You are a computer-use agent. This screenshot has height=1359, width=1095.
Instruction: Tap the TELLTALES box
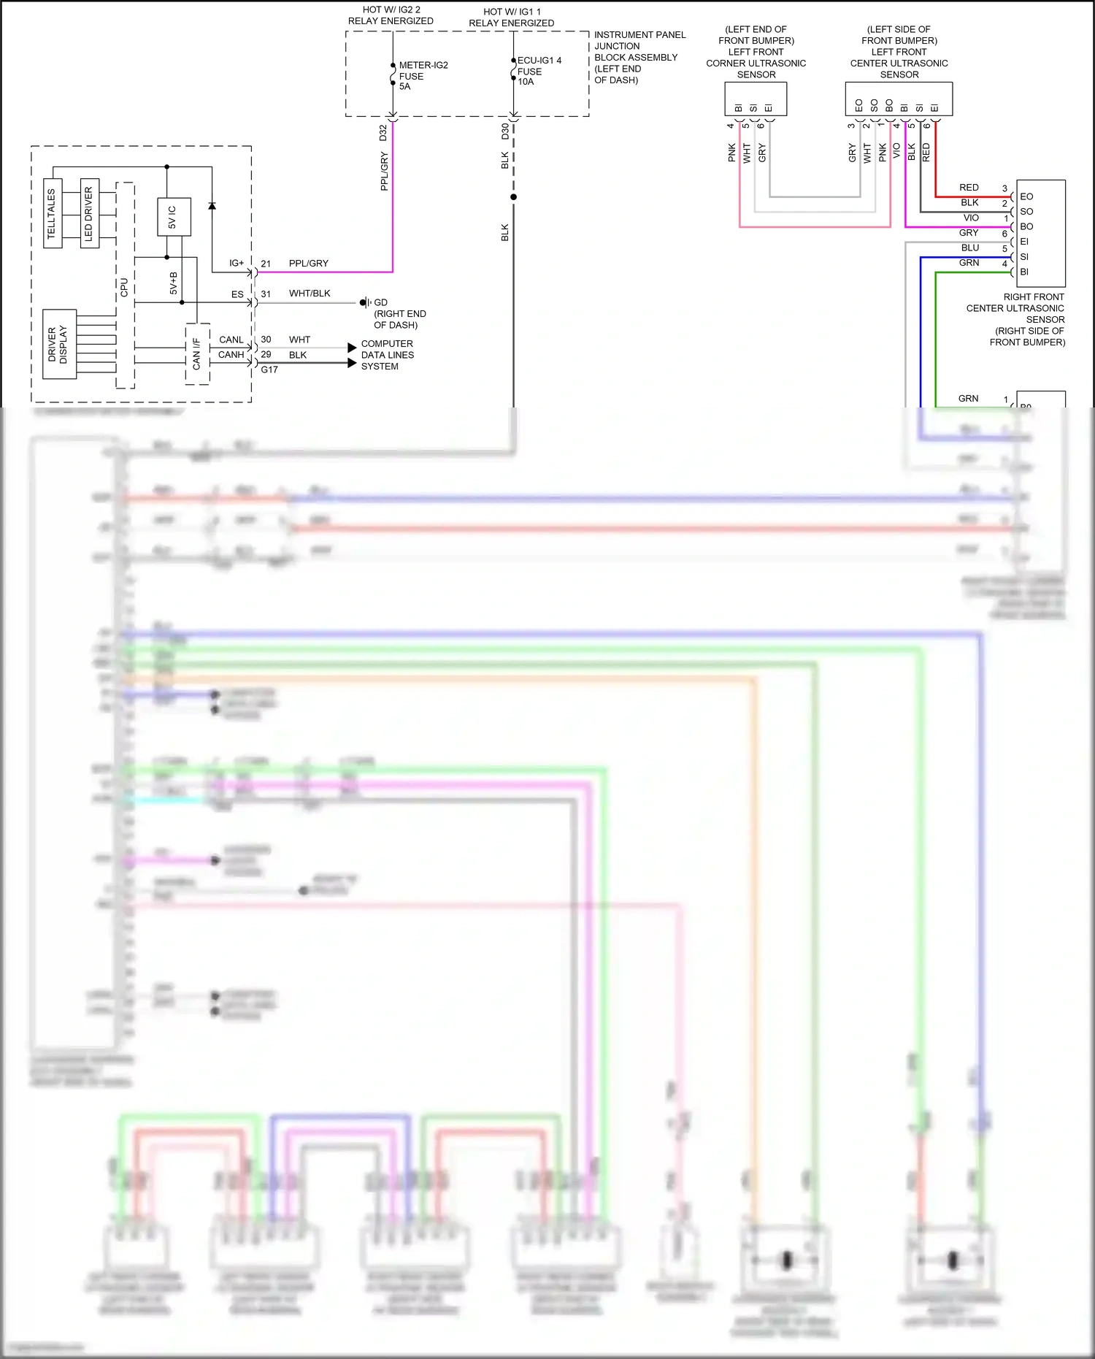pos(53,213)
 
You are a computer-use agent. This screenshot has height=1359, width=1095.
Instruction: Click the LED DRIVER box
pos(89,213)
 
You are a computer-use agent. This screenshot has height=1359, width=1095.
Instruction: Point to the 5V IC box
pos(174,217)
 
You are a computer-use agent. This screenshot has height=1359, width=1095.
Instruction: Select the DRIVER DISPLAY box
pos(59,344)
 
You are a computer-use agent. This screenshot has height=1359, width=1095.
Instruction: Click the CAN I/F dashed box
pos(197,353)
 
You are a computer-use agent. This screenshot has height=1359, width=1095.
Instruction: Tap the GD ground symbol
pos(364,302)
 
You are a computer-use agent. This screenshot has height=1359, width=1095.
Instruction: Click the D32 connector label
pos(383,133)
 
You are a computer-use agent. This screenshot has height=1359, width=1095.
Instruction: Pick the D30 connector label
pos(505,131)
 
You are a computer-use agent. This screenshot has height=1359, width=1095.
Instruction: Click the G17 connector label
pos(269,370)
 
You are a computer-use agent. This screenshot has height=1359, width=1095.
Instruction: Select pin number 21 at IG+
pos(266,264)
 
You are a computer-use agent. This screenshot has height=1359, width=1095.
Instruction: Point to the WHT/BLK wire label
pos(310,294)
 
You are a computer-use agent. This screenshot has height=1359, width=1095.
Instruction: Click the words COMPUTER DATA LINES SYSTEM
pos(387,355)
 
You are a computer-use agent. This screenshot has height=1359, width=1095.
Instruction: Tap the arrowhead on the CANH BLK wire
pos(352,363)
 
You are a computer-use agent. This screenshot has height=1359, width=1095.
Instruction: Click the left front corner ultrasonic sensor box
pos(756,99)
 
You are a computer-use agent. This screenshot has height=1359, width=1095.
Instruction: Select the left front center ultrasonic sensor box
pos(899,99)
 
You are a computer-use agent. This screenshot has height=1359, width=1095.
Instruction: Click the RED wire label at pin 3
pos(969,188)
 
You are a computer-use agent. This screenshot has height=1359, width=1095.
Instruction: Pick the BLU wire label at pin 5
pos(969,248)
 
